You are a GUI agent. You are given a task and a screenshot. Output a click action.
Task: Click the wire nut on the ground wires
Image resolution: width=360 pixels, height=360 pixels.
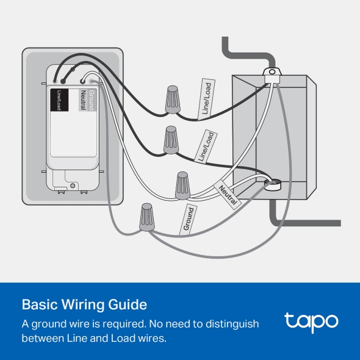point(146,217)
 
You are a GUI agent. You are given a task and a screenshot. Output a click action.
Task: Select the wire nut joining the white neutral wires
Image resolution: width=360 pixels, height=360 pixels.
point(182,185)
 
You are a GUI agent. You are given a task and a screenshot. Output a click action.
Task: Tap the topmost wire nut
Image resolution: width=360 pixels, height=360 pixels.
point(173,99)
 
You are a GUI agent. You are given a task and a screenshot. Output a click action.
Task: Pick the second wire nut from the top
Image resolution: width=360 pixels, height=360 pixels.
point(171,140)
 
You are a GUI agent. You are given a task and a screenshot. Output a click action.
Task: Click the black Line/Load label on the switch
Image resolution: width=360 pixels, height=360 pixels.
point(59,100)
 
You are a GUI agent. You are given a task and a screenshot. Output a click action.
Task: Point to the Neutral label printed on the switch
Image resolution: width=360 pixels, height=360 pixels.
point(83,100)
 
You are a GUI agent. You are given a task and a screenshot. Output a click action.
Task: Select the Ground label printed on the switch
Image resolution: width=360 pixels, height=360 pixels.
point(92,100)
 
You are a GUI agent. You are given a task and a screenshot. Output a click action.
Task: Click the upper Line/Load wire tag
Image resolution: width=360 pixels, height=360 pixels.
point(206,99)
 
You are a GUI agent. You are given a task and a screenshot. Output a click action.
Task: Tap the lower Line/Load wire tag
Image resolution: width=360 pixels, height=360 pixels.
point(206,146)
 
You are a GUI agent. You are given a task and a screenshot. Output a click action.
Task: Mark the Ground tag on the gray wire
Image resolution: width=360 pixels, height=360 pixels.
point(189,219)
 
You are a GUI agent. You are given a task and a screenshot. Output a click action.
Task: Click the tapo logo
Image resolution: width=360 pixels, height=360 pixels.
point(311,322)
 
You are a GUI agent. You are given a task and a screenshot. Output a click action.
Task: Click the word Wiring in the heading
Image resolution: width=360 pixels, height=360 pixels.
point(82,305)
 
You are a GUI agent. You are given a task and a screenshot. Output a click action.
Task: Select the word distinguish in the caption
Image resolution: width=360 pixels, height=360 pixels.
point(232,324)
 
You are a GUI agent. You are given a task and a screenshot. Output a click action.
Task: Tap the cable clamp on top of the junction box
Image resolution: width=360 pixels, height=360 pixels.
point(272,75)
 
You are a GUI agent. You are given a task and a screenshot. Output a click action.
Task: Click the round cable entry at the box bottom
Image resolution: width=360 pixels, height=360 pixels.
point(273,184)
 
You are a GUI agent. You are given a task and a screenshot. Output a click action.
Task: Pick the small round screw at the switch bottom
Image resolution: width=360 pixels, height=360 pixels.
point(73,185)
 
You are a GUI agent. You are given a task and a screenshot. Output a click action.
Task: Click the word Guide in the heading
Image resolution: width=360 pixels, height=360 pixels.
point(128,304)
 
